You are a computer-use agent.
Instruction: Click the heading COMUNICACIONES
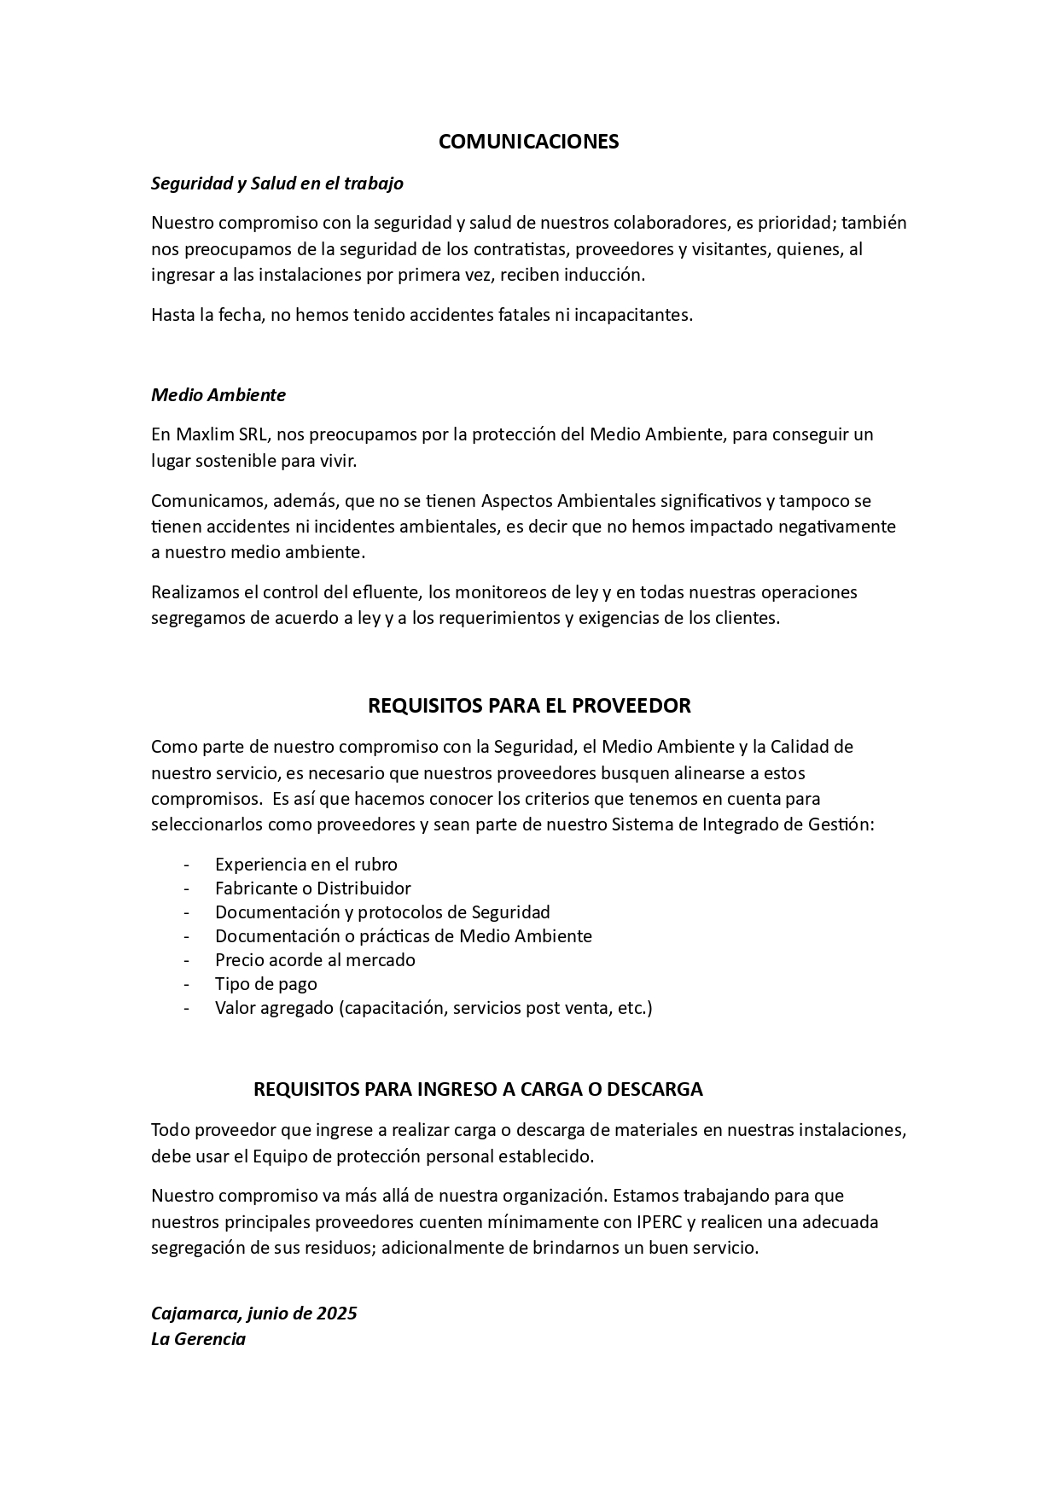[528, 142]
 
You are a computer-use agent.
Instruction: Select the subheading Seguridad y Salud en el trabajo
[276, 183]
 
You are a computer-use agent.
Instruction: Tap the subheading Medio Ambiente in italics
[218, 395]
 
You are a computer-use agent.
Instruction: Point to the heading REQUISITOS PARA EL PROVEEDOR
[528, 706]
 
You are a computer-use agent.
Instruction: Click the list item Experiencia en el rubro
[305, 865]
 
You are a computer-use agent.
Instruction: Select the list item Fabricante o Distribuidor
[312, 888]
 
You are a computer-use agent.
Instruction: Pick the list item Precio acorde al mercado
[315, 960]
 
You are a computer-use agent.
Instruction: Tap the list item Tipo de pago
[265, 984]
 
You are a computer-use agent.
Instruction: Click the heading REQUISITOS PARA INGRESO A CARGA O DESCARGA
[478, 1090]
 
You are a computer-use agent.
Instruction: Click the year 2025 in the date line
[336, 1314]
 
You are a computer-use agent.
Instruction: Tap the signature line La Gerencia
[198, 1339]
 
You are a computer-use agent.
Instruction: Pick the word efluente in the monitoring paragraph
[389, 592]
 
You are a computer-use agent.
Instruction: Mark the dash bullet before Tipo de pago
[186, 984]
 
